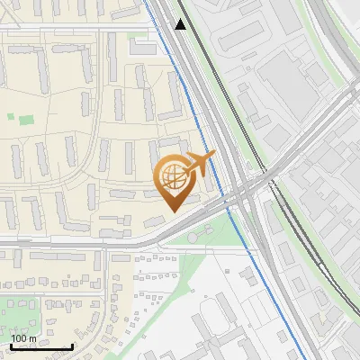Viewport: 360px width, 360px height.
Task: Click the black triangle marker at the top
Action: click(x=181, y=24)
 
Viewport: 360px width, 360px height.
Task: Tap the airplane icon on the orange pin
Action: click(x=200, y=164)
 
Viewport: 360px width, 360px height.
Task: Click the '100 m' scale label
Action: click(x=23, y=338)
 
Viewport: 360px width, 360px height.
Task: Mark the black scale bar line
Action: click(x=41, y=346)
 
